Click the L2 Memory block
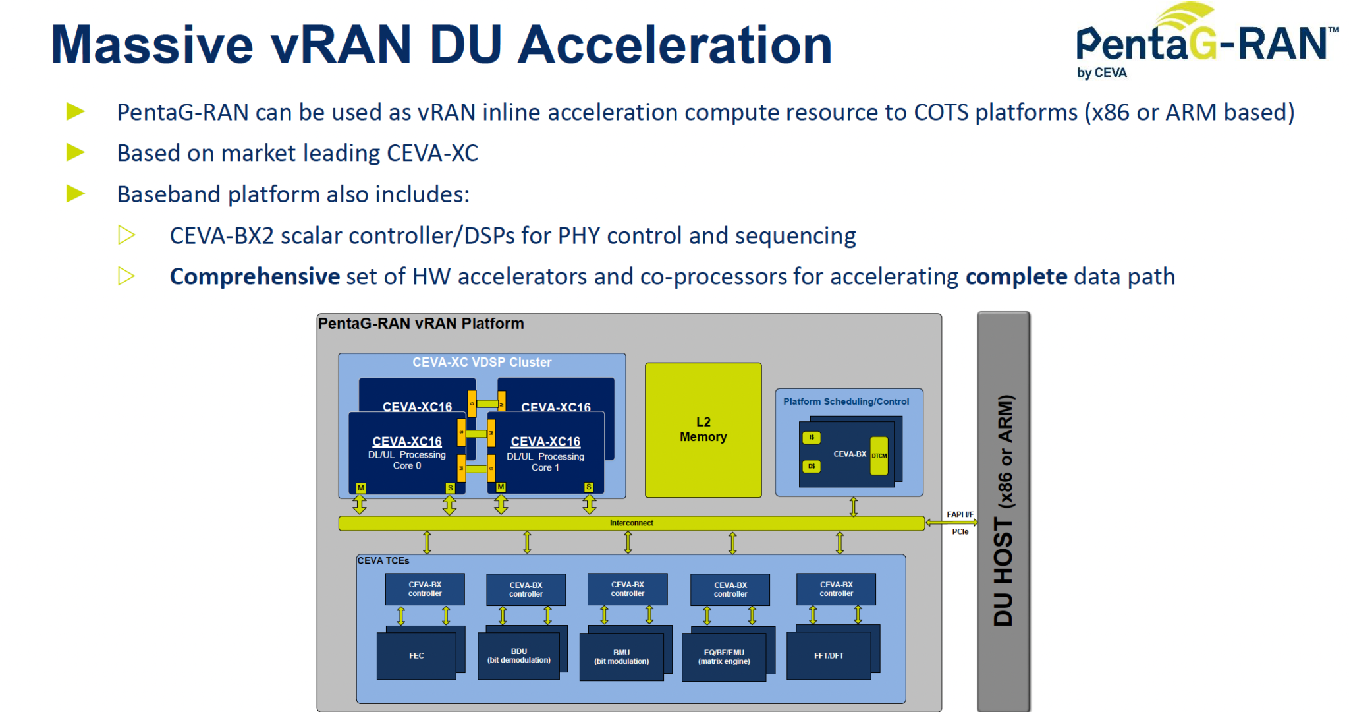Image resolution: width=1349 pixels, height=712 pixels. coord(703,430)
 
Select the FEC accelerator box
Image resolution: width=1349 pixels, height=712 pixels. coord(416,655)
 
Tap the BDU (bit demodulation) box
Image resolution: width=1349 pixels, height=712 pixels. coord(519,655)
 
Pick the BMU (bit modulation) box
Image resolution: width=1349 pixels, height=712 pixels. coord(621,657)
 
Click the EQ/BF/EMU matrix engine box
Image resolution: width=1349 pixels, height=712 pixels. coord(724,657)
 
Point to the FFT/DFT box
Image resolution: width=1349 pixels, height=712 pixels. coord(829,655)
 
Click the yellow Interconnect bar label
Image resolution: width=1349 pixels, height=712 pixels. coord(631,523)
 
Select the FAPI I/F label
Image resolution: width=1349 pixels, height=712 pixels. coord(960,514)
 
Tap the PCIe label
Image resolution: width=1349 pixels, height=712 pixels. coord(960,531)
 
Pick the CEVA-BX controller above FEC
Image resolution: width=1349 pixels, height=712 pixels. coord(425,589)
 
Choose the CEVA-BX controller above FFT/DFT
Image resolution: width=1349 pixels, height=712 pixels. coord(836,589)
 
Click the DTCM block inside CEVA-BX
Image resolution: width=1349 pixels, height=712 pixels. coord(879,456)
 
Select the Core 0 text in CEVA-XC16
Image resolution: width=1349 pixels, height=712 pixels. coord(407,466)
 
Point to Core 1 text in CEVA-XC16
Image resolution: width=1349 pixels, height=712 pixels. coord(545,468)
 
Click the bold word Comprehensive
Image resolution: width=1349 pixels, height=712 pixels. coord(254,276)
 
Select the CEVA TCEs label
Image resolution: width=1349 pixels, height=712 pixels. coord(383,561)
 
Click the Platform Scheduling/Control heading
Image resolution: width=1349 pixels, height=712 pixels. coord(846,401)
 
